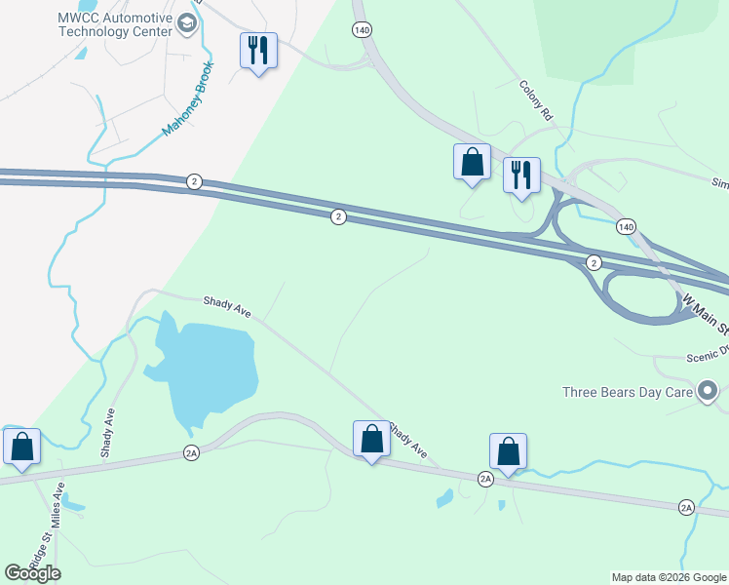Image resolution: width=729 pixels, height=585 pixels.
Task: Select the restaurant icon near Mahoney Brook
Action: [258, 50]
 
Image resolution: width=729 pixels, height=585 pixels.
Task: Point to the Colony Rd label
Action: [536, 100]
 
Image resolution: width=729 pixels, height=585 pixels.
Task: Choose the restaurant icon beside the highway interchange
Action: [521, 175]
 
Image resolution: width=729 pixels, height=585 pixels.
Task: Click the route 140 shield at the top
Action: [363, 30]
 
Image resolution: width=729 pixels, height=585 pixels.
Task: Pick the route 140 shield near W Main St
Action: [626, 226]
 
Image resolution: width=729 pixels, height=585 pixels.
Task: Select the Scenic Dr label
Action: [708, 356]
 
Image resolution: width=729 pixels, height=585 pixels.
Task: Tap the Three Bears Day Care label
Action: [628, 393]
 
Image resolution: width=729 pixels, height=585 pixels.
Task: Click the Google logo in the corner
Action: [32, 572]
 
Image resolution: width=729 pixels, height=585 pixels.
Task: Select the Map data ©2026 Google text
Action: [668, 577]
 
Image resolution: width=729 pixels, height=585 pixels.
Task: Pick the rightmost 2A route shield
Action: [686, 508]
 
